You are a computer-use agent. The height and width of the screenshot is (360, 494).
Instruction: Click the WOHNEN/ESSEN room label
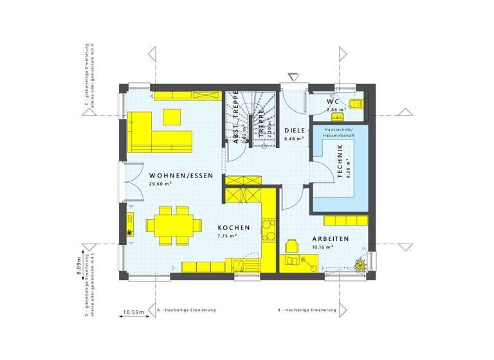(173, 175)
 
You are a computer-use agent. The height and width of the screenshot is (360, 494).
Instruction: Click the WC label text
(333, 102)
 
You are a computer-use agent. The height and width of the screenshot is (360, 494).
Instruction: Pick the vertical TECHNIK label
(341, 159)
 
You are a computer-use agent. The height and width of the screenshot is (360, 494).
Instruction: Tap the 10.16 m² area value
(322, 247)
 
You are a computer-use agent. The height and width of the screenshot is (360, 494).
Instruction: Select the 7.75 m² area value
(228, 236)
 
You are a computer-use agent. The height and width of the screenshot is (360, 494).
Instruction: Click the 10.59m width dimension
(133, 313)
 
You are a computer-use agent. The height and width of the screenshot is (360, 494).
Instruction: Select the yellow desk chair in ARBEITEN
(291, 245)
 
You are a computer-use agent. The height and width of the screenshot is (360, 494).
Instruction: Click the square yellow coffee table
(172, 116)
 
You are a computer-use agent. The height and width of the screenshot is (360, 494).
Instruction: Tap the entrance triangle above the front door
(293, 77)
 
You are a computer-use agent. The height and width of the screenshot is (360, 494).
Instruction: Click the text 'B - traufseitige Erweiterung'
(307, 310)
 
